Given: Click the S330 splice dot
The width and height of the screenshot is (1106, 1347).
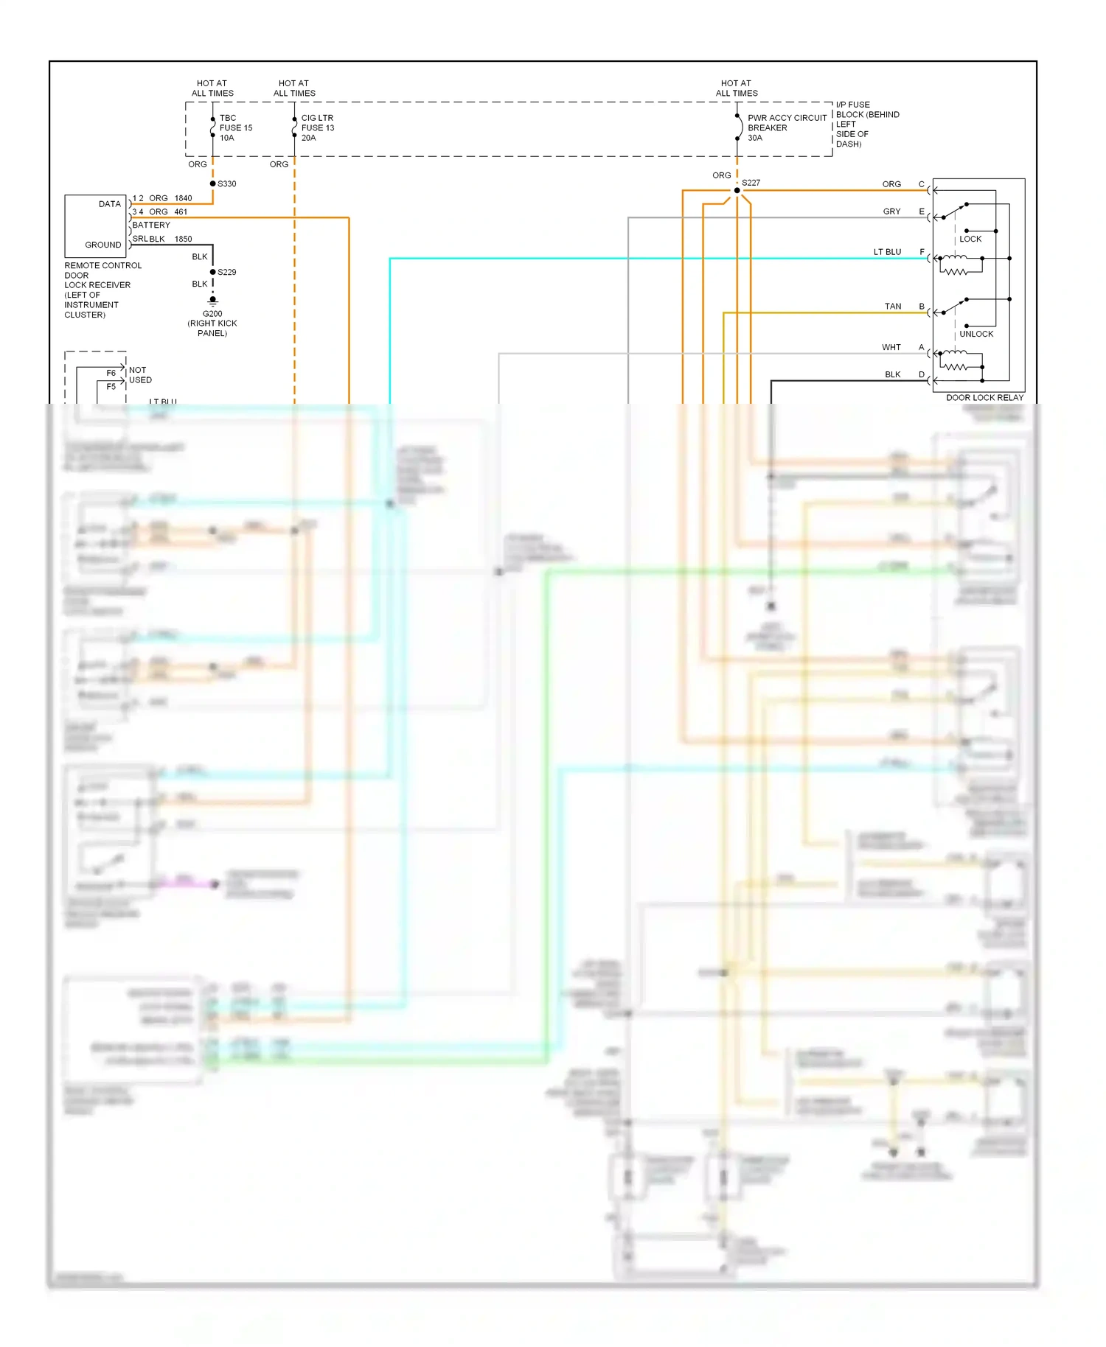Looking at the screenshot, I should [213, 183].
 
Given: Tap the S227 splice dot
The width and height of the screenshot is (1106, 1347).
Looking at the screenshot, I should [737, 190].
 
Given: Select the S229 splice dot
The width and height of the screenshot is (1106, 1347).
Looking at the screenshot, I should [213, 272].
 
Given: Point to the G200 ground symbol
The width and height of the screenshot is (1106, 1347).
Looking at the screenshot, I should [213, 301].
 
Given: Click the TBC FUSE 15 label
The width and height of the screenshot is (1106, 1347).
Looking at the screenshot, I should [235, 127].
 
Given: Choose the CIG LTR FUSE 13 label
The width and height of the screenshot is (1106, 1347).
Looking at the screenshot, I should [317, 127].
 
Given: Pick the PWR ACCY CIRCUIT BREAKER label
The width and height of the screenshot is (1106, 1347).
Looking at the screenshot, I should [786, 127].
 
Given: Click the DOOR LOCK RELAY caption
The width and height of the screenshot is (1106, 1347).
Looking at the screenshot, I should [984, 398].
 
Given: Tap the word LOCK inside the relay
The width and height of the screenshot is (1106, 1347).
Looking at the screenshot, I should [970, 239].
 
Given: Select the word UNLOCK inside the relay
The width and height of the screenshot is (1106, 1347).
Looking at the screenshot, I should [976, 334].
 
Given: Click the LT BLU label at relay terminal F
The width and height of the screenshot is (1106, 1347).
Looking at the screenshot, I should [887, 252].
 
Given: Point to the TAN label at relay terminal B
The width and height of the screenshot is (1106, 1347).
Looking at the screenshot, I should [893, 307].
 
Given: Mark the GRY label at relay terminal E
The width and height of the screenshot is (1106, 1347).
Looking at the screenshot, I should [891, 211].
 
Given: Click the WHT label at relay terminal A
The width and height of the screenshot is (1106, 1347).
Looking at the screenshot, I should [891, 347].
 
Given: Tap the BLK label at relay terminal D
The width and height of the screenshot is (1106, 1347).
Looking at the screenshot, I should [892, 374].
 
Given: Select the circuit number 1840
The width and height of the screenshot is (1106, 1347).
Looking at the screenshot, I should [183, 198].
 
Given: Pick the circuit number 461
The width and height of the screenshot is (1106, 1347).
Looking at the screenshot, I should [181, 211].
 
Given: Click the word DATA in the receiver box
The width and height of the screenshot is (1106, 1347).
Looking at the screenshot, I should [110, 204].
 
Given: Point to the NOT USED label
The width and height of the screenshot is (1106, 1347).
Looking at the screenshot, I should [140, 375].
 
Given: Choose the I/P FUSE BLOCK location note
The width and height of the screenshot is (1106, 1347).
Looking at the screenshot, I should [867, 124].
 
